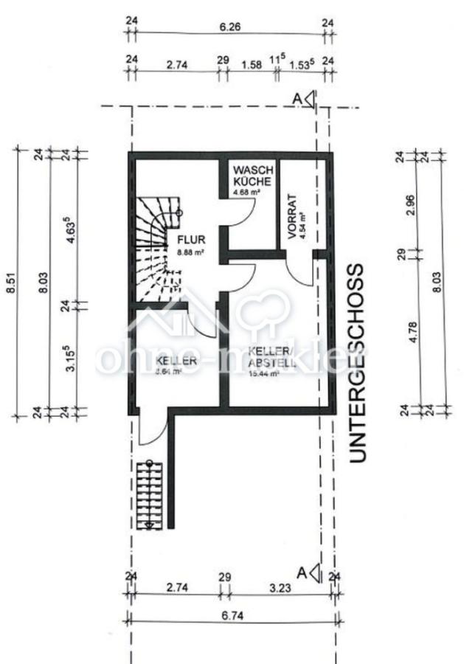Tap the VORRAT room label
[x=293, y=217]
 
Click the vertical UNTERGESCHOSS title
[x=357, y=362]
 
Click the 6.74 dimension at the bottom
[x=231, y=615]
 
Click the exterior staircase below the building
[x=149, y=493]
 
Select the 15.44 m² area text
[x=265, y=374]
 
